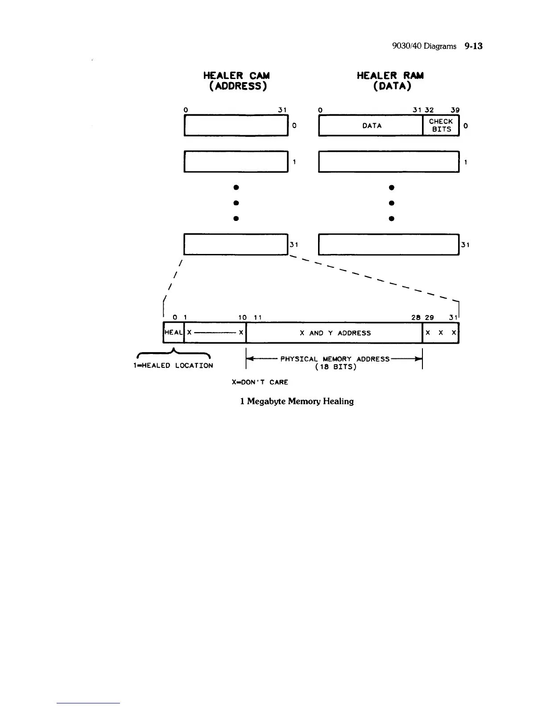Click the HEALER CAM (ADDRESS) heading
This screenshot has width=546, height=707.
(x=236, y=81)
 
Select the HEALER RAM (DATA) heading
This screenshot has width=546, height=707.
(x=390, y=81)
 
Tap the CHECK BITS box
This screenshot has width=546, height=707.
(x=441, y=125)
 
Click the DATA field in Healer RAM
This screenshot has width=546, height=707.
(x=372, y=126)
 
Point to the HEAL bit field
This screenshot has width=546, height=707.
(x=174, y=333)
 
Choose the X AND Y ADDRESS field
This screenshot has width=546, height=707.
(x=335, y=333)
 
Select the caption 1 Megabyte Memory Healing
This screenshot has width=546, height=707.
(x=297, y=401)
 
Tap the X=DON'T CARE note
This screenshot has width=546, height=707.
(x=260, y=382)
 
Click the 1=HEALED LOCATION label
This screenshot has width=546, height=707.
(x=174, y=366)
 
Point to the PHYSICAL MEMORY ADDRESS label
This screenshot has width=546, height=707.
(x=335, y=359)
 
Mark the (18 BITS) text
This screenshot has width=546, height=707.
(x=335, y=367)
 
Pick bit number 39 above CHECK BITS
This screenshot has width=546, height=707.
(x=455, y=110)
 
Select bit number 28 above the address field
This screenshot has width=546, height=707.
(x=416, y=317)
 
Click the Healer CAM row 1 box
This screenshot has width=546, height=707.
(x=236, y=162)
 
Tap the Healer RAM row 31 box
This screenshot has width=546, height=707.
(x=389, y=245)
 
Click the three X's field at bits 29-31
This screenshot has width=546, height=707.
(x=440, y=333)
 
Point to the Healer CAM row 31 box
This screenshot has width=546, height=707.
(x=236, y=245)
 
